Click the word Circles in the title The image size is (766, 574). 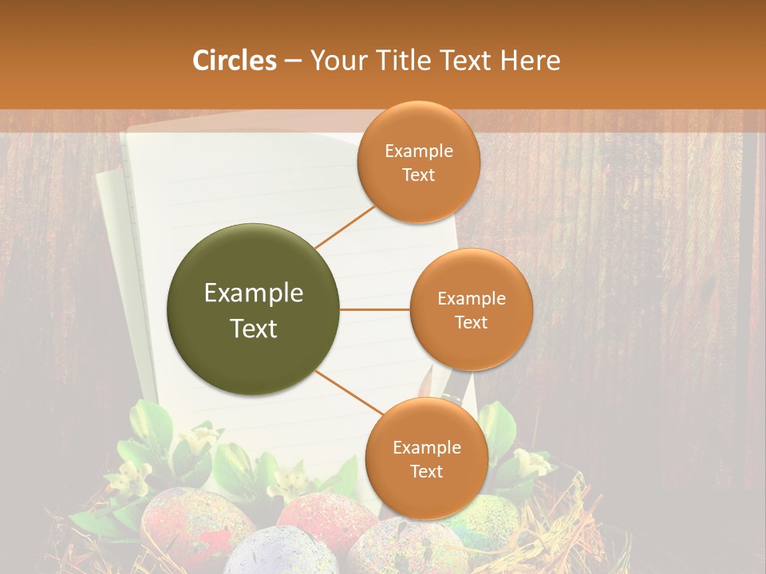point(234,61)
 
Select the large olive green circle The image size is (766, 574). point(254,309)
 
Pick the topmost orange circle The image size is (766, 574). point(418,163)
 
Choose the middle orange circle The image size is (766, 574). point(471,309)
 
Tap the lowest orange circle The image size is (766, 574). point(426,458)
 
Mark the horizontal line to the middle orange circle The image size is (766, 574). point(375,309)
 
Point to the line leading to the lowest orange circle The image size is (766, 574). point(349,392)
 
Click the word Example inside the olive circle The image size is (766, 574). point(254,293)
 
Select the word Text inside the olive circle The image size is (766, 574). point(254,328)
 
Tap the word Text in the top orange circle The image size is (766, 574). point(418,175)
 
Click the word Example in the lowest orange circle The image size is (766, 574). point(426,447)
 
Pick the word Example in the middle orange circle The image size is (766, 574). point(471,299)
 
